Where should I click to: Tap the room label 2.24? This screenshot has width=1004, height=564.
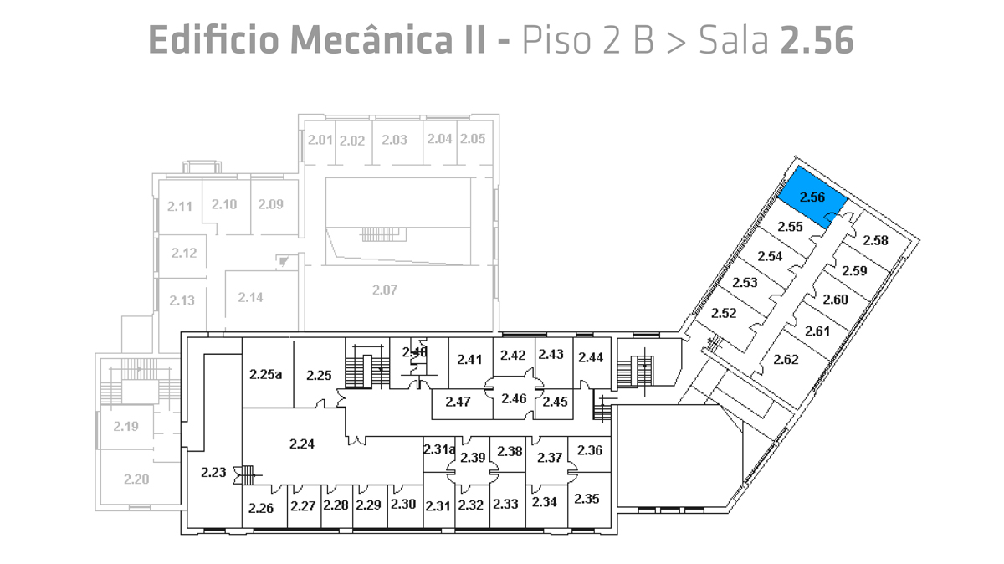pyautogui.click(x=301, y=444)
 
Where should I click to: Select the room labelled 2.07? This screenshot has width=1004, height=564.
pyautogui.click(x=384, y=290)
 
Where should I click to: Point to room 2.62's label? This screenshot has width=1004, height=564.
pyautogui.click(x=786, y=360)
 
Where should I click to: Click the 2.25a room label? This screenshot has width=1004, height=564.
pyautogui.click(x=265, y=374)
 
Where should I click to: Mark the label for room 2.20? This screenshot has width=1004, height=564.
pyautogui.click(x=136, y=479)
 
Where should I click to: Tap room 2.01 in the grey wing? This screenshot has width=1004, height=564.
pyautogui.click(x=320, y=140)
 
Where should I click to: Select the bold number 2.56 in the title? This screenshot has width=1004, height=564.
pyautogui.click(x=817, y=39)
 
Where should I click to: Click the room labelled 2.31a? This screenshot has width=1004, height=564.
pyautogui.click(x=438, y=449)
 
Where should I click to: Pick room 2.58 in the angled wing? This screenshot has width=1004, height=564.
pyautogui.click(x=875, y=241)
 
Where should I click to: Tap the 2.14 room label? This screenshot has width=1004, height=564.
pyautogui.click(x=250, y=297)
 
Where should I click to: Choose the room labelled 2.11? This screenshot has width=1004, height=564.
pyautogui.click(x=179, y=206)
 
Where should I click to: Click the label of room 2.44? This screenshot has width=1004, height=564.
pyautogui.click(x=591, y=357)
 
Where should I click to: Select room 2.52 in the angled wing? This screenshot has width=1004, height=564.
pyautogui.click(x=723, y=313)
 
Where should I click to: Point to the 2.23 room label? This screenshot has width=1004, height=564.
pyautogui.click(x=213, y=473)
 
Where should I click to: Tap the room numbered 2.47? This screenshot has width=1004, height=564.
pyautogui.click(x=458, y=402)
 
